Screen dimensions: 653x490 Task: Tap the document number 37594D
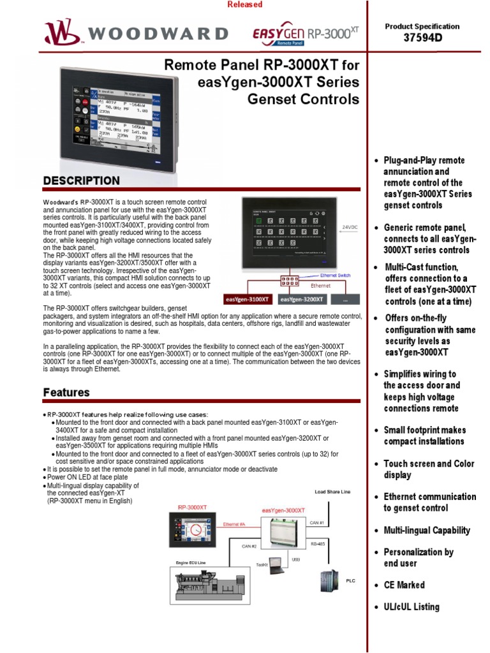point(422,38)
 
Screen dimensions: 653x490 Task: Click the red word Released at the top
point(245,4)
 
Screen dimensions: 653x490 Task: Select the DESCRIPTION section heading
point(81,180)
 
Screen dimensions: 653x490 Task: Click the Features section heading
point(66,392)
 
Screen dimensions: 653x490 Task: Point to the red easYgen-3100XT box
point(248,298)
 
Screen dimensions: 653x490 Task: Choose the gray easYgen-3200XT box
point(301,298)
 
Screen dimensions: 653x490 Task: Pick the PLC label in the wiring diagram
point(350,581)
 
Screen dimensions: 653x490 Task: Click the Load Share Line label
point(333,492)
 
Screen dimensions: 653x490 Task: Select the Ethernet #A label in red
point(234,524)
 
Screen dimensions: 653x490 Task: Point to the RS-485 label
point(318,544)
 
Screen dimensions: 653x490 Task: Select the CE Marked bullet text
point(403,585)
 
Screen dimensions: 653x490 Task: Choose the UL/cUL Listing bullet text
point(411,606)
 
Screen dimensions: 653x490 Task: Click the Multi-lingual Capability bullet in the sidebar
point(426,530)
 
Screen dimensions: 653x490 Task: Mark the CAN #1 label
point(317,523)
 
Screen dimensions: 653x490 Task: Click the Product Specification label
point(422,26)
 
